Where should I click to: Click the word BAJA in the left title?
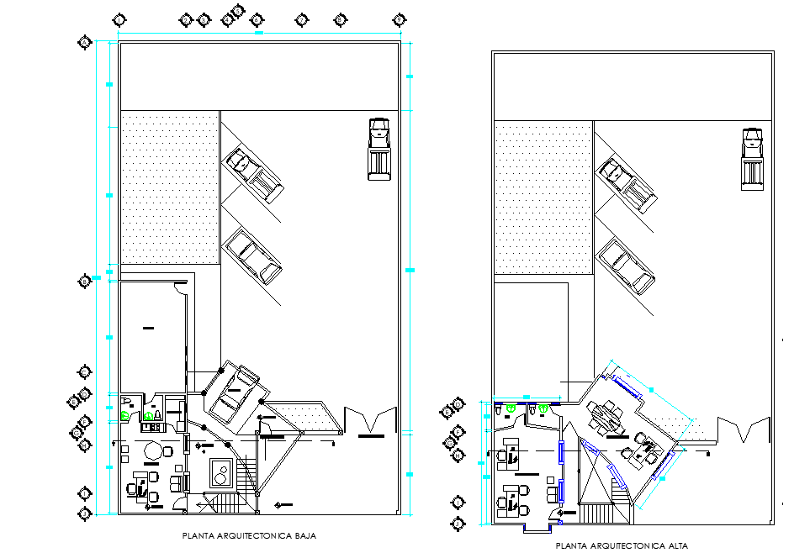[x=302, y=535]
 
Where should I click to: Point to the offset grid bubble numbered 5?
[x=237, y=11]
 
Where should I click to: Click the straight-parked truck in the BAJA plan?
[x=379, y=149]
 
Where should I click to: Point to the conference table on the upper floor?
[x=606, y=416]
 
